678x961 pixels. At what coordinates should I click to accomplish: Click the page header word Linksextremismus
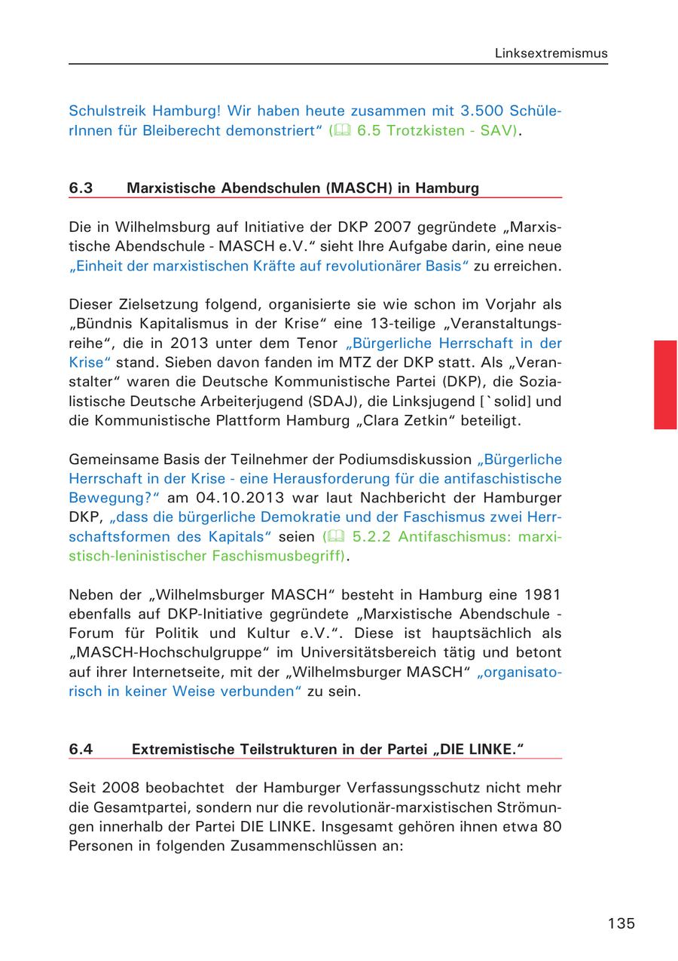pyautogui.click(x=551, y=53)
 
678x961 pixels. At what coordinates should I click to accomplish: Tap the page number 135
pyautogui.click(x=621, y=923)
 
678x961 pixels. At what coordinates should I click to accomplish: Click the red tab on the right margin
pyautogui.click(x=665, y=384)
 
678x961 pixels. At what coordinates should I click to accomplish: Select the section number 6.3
pyautogui.click(x=81, y=188)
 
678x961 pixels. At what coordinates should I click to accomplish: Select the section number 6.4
pyautogui.click(x=81, y=749)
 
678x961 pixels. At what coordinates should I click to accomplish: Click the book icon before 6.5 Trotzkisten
pyautogui.click(x=343, y=130)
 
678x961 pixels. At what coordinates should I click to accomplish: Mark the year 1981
pyautogui.click(x=542, y=595)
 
